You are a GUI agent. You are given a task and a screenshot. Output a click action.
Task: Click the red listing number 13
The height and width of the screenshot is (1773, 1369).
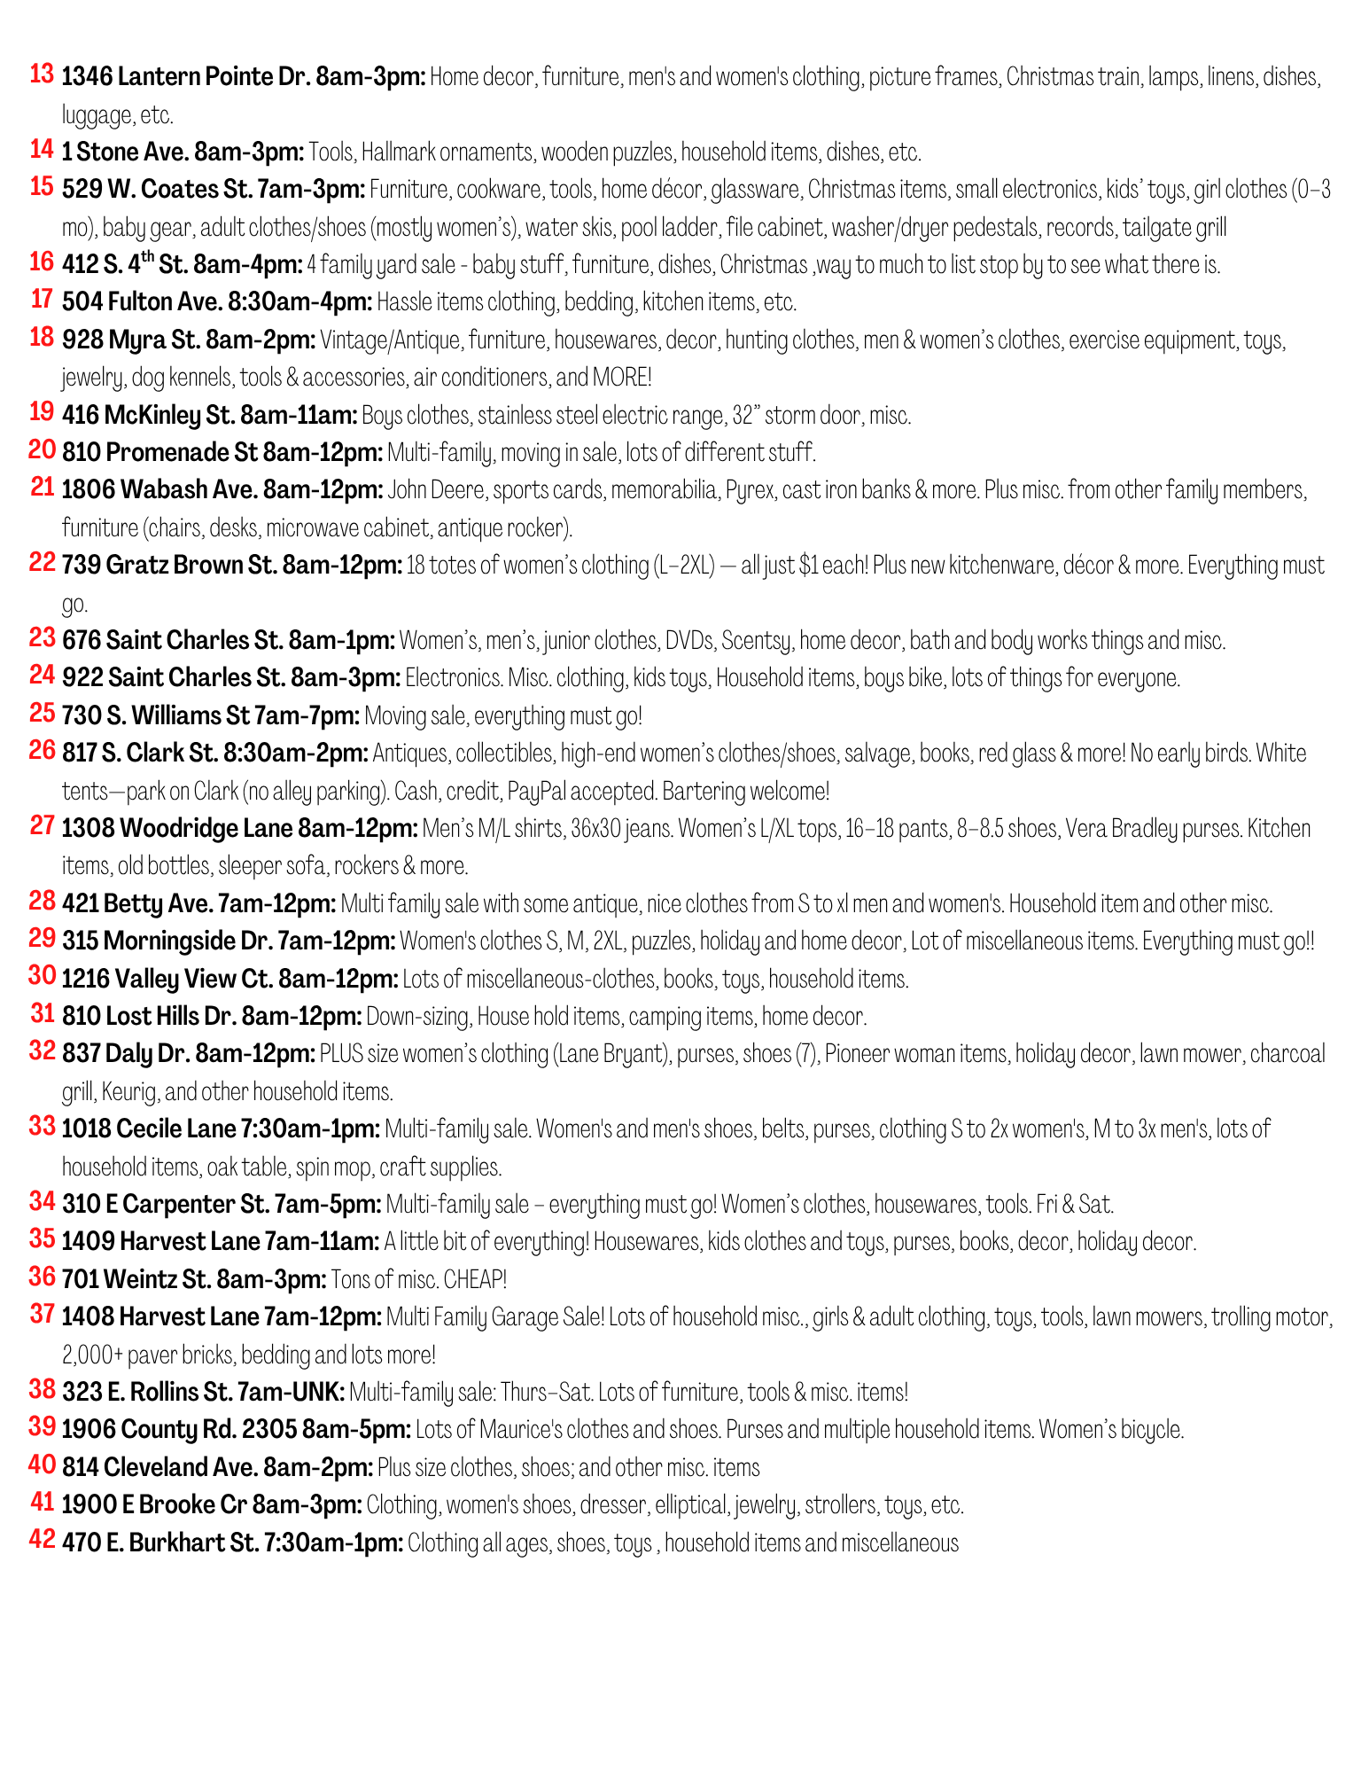click(42, 74)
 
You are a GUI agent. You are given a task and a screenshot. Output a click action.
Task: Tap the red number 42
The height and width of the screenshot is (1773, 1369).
click(42, 1540)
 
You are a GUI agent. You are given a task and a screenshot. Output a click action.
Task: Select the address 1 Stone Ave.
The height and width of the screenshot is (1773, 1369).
click(123, 152)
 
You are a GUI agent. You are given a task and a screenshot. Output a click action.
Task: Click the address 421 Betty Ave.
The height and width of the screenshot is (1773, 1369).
click(137, 904)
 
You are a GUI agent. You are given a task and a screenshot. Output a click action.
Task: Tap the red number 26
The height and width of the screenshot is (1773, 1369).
click(42, 751)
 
